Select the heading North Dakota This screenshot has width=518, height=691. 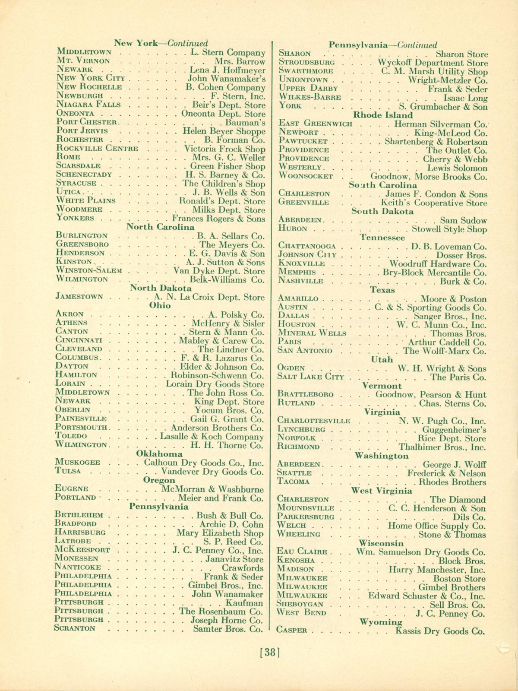(x=161, y=288)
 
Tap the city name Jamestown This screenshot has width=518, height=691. (x=79, y=297)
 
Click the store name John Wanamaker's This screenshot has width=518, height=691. (x=227, y=79)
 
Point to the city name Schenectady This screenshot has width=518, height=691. (x=84, y=174)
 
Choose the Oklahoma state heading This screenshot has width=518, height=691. (x=159, y=453)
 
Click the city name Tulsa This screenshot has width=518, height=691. (x=68, y=471)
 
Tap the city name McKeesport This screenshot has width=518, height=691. (x=82, y=550)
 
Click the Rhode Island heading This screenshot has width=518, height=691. (x=383, y=115)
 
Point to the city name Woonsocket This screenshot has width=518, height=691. (x=306, y=176)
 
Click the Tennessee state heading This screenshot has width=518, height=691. (x=382, y=238)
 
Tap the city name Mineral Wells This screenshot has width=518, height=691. (x=312, y=333)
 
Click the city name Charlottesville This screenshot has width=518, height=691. (x=313, y=420)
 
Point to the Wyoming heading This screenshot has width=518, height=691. (x=381, y=622)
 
